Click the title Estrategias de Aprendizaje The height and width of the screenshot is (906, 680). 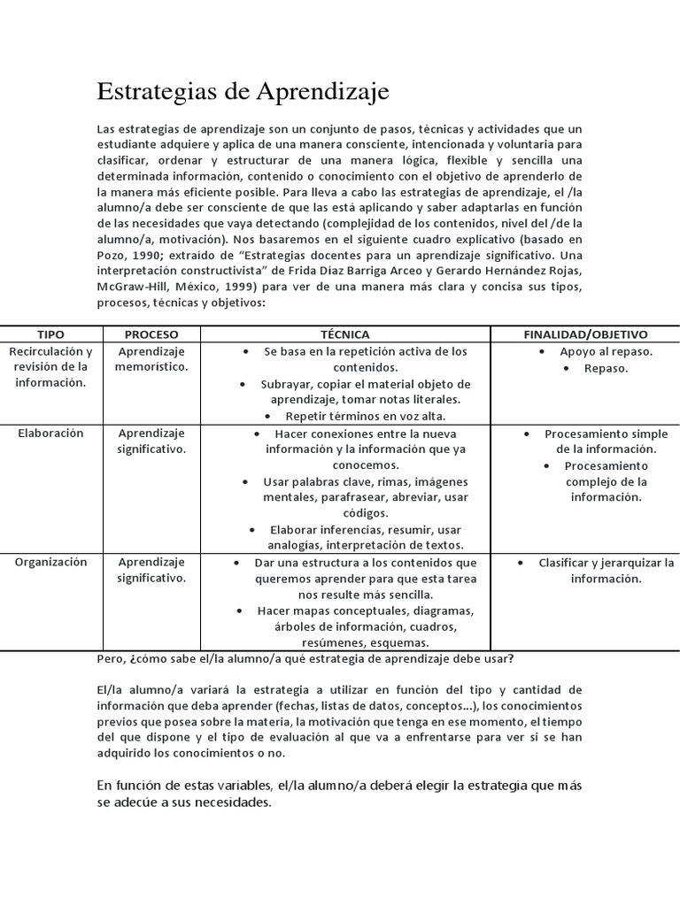click(242, 92)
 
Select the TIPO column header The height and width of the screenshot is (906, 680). click(50, 334)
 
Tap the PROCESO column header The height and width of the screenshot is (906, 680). click(151, 334)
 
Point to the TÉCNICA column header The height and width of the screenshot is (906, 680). click(345, 334)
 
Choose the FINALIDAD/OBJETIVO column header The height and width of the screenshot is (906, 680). click(585, 334)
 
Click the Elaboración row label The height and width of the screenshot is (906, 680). click(50, 434)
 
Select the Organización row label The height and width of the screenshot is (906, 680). click(50, 563)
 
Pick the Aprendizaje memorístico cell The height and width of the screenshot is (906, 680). click(151, 359)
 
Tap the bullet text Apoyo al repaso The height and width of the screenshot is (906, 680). click(606, 352)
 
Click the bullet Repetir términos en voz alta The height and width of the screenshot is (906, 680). click(366, 416)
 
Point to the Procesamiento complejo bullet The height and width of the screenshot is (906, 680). click(607, 481)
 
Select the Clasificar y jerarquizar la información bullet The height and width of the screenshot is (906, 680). click(607, 571)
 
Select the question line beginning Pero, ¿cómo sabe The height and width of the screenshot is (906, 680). click(305, 660)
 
